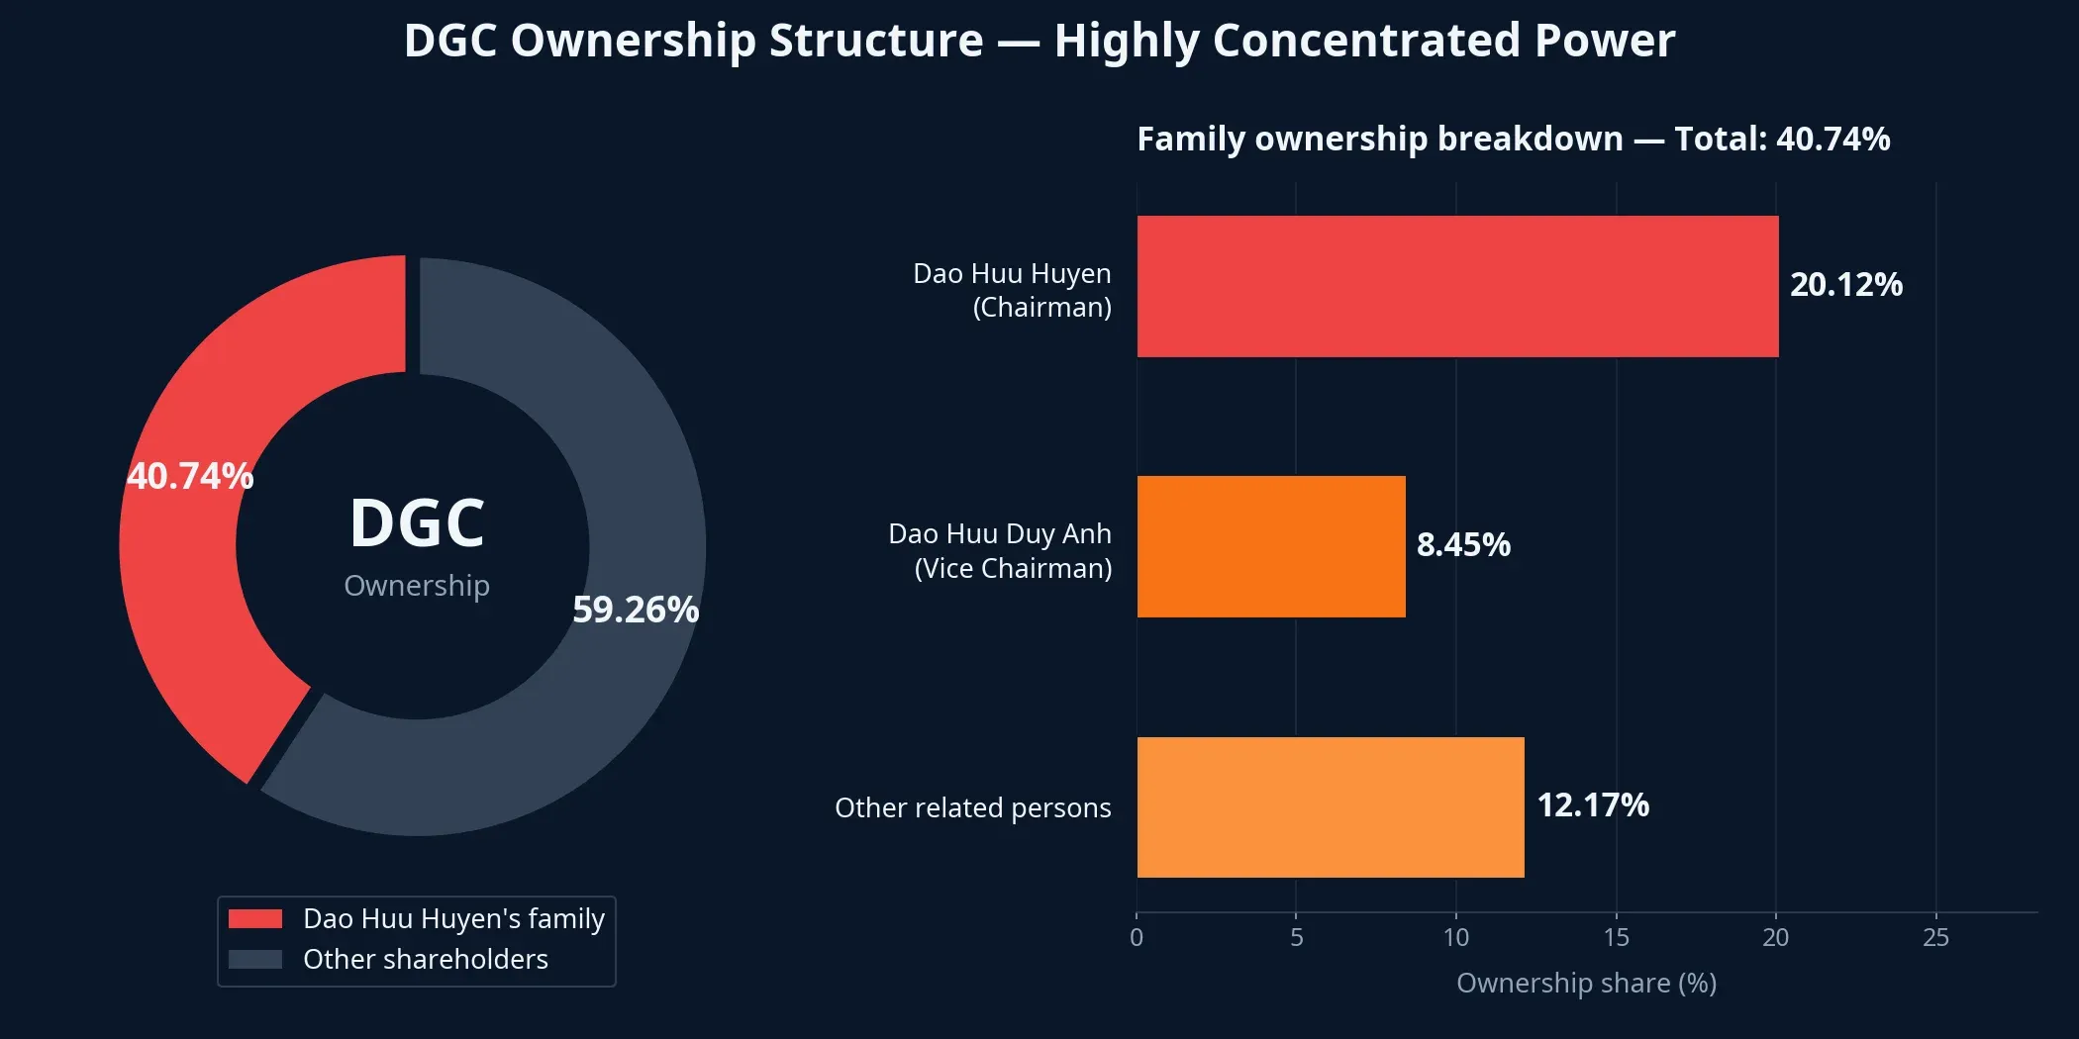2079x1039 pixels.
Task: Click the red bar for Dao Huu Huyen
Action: click(1457, 286)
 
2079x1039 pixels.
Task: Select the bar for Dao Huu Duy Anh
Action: click(1271, 546)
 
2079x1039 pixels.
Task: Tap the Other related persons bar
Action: click(1331, 806)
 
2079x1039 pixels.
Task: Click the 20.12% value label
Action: click(1845, 285)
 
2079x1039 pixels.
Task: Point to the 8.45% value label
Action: click(1463, 545)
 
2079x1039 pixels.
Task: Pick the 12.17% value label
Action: click(1592, 805)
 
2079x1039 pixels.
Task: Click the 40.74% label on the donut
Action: click(190, 477)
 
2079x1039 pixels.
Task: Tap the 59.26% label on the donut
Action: click(636, 610)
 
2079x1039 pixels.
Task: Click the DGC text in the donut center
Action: click(417, 523)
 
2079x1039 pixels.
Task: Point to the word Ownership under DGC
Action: click(417, 586)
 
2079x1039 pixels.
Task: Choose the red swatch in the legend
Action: click(255, 918)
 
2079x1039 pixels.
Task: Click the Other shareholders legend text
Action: click(425, 959)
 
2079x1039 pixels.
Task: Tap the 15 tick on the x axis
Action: click(1616, 937)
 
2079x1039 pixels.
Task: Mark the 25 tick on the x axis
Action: click(1935, 937)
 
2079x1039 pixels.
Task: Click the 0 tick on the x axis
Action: click(1137, 937)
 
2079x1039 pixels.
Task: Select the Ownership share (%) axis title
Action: click(1586, 983)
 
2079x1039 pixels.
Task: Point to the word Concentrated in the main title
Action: click(1366, 42)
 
